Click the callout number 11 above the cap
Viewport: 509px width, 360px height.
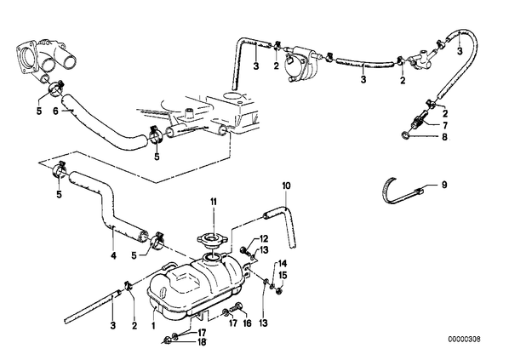(x=214, y=202)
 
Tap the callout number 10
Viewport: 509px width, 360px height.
(x=286, y=186)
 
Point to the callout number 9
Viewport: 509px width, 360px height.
(x=444, y=185)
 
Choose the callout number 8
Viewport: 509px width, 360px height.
(x=444, y=137)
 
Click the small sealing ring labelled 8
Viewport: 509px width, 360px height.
(x=405, y=135)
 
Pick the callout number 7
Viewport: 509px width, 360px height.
(x=444, y=125)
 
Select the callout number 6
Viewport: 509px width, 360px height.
(x=55, y=111)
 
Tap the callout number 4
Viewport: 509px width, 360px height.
(x=113, y=256)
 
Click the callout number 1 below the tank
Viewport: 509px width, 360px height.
(x=153, y=324)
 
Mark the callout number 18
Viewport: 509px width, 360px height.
(x=202, y=342)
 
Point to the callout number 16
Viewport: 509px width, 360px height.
(x=248, y=323)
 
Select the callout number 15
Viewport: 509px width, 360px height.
(x=283, y=275)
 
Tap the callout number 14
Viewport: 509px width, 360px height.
(x=283, y=263)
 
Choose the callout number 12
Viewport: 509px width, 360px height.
(x=264, y=239)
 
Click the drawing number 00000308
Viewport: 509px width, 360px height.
(x=464, y=340)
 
